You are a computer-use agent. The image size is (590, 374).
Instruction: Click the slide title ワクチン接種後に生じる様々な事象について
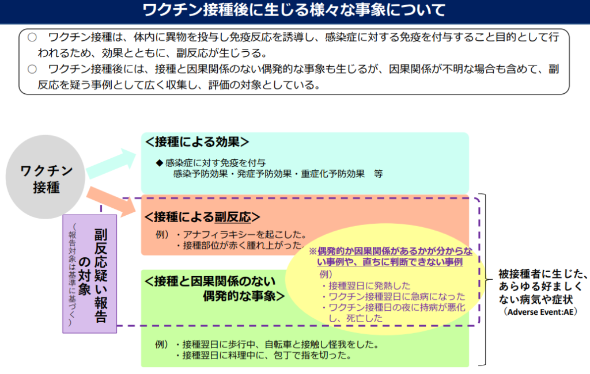(x=294, y=10)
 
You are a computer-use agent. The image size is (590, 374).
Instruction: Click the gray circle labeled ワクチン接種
(x=46, y=177)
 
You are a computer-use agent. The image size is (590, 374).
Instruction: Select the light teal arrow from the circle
(x=111, y=163)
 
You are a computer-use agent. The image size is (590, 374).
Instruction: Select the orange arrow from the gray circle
(x=111, y=201)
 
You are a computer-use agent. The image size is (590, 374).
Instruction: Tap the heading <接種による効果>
(x=197, y=142)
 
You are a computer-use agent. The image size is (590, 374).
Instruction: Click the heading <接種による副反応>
(x=202, y=217)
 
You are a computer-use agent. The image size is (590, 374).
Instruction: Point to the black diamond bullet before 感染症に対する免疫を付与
(x=160, y=163)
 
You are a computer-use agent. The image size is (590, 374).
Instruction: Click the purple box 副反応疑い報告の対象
(x=89, y=274)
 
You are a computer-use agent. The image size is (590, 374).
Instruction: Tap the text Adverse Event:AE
(x=540, y=312)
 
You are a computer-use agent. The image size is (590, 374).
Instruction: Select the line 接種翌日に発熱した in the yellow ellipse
(x=366, y=285)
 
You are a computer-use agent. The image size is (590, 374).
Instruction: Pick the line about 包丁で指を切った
(x=264, y=355)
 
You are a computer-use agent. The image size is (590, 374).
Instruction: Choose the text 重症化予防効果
(x=332, y=174)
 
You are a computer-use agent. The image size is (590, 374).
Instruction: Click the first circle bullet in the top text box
(x=32, y=37)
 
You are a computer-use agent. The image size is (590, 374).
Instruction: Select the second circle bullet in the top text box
(x=32, y=69)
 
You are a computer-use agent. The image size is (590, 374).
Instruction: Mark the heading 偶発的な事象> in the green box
(x=244, y=296)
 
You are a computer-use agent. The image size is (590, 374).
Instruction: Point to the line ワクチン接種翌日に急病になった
(x=394, y=296)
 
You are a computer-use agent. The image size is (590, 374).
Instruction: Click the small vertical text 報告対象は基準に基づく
(x=72, y=275)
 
